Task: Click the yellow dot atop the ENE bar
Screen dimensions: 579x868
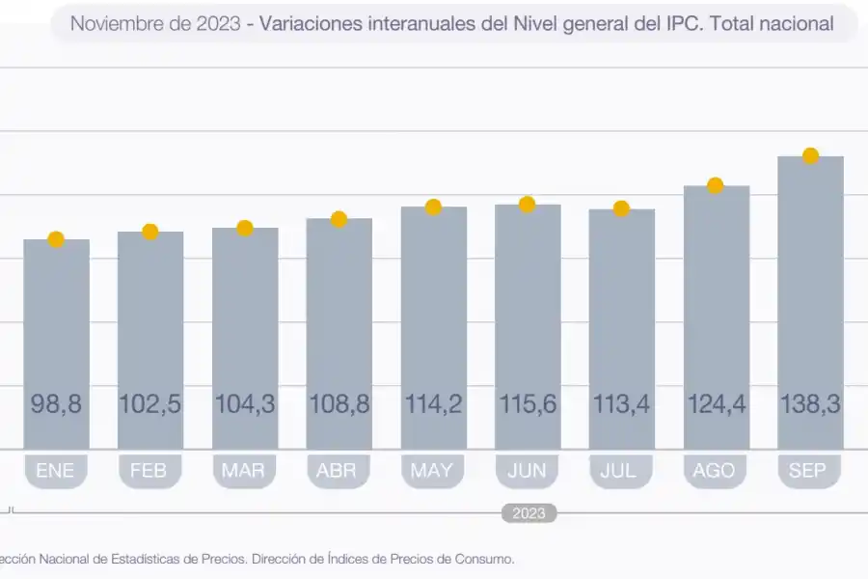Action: point(56,239)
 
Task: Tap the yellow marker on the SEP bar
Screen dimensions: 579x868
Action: point(811,156)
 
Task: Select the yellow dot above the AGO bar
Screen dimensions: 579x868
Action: point(716,185)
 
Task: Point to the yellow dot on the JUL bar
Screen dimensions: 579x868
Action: point(622,208)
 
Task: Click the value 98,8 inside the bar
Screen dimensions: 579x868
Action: point(56,404)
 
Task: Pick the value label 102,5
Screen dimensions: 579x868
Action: point(149,404)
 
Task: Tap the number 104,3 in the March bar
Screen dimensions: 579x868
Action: point(245,404)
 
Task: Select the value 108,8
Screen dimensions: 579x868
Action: point(339,404)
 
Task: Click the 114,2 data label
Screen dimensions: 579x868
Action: point(433,404)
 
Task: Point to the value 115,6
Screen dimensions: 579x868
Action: point(528,404)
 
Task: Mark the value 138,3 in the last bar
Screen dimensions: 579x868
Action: point(811,404)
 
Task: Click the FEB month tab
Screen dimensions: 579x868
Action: point(149,471)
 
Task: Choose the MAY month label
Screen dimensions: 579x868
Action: point(433,471)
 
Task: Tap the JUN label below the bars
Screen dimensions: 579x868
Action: point(528,471)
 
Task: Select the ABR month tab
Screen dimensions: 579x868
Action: point(339,471)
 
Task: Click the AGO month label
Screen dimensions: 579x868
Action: point(716,471)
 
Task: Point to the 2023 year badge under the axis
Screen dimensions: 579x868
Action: point(529,513)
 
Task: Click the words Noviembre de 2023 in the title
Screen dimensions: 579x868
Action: point(155,24)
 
